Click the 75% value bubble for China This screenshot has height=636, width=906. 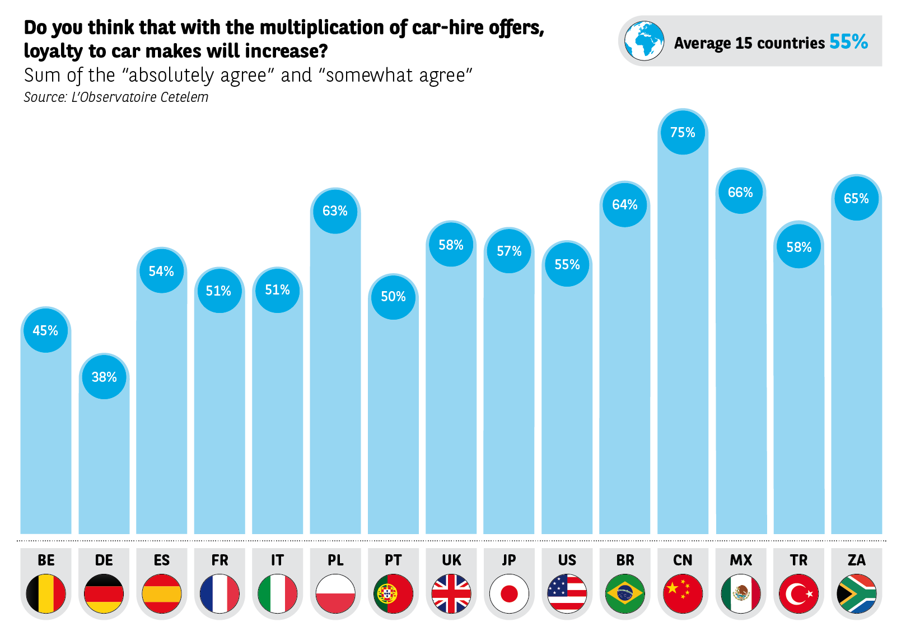(x=683, y=133)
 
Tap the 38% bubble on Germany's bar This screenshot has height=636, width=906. (x=104, y=377)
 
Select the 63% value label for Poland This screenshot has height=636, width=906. (x=335, y=211)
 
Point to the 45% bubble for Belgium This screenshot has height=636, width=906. (x=45, y=330)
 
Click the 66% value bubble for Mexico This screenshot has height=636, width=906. (x=740, y=192)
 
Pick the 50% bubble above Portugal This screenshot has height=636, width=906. (x=393, y=297)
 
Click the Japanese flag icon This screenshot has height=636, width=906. (x=509, y=593)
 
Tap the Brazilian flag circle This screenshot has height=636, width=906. (x=625, y=593)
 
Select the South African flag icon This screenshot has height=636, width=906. (x=857, y=593)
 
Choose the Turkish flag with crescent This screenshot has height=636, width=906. (x=798, y=593)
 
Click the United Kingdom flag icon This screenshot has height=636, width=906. (x=451, y=593)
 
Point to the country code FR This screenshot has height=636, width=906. (x=220, y=560)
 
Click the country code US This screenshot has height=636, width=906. (x=567, y=560)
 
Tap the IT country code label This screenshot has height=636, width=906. (x=277, y=560)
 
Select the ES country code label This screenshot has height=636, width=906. (x=162, y=560)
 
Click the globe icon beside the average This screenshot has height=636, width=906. (x=645, y=41)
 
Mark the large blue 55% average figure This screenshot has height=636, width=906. (x=848, y=42)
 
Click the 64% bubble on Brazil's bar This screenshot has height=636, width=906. (x=625, y=205)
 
